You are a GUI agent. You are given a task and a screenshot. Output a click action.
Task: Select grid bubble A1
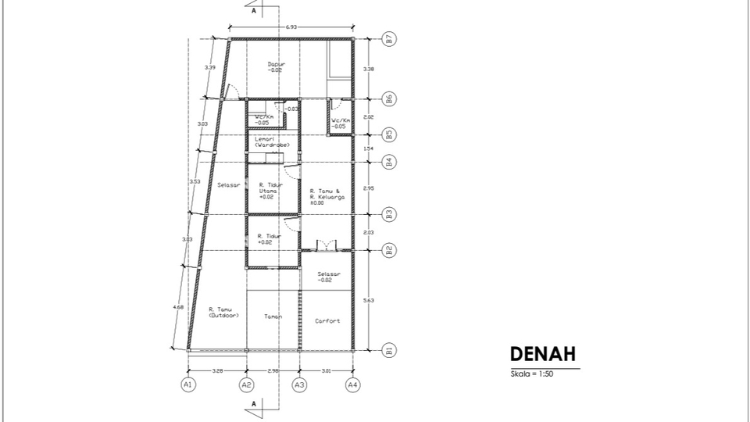[187, 384]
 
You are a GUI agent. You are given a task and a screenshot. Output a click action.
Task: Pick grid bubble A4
[353, 384]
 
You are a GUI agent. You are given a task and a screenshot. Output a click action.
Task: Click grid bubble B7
[388, 38]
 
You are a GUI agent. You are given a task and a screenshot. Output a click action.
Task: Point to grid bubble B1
[388, 349]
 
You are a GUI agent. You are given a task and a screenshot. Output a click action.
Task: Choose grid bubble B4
[388, 162]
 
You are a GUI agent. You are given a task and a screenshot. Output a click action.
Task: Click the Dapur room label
[274, 66]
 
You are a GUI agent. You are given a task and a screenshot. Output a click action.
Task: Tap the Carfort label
[327, 320]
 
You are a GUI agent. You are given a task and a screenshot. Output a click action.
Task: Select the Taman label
[273, 316]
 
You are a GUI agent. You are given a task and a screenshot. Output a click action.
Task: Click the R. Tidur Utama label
[269, 191]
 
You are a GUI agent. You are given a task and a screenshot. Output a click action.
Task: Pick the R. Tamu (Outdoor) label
[223, 313]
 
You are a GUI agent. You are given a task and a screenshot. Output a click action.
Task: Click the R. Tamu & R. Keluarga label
[327, 195]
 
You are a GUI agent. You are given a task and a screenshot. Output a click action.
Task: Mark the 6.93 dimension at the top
[291, 27]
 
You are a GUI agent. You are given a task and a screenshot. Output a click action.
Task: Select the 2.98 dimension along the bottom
[273, 370]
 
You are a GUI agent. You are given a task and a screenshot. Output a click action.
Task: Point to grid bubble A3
[299, 384]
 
